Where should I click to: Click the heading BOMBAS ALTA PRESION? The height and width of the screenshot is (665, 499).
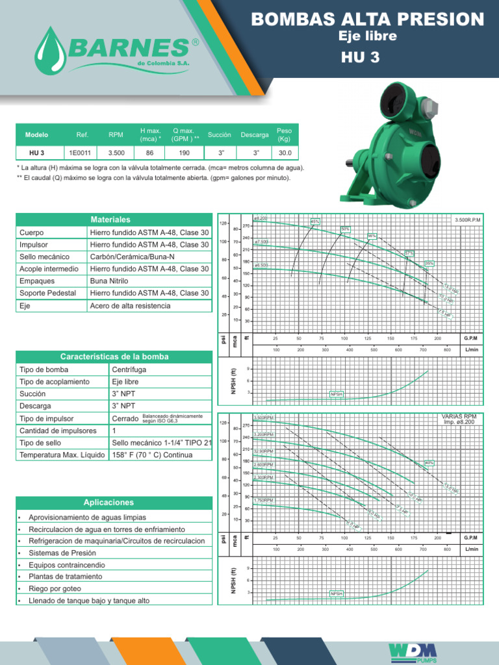pyautogui.click(x=368, y=19)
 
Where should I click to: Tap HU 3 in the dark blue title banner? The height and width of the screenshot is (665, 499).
pyautogui.click(x=368, y=56)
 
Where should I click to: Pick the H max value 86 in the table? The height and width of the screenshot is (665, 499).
pyautogui.click(x=150, y=153)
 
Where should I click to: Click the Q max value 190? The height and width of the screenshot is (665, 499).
pyautogui.click(x=185, y=153)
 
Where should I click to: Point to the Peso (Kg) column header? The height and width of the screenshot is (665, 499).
pyautogui.click(x=284, y=134)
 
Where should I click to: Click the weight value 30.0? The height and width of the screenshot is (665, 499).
pyautogui.click(x=284, y=153)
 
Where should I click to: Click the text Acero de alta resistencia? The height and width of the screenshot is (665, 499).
pyautogui.click(x=130, y=306)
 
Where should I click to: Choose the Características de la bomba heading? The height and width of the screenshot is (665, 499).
pyautogui.click(x=114, y=357)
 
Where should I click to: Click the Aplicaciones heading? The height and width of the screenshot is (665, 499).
pyautogui.click(x=109, y=503)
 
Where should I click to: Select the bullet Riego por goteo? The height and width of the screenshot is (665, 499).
pyautogui.click(x=55, y=588)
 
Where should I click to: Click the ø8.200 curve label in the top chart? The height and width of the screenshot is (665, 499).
pyautogui.click(x=261, y=219)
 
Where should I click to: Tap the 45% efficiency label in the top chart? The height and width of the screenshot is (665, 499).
pyautogui.click(x=316, y=221)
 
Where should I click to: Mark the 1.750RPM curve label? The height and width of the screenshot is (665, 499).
pyautogui.click(x=264, y=500)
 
